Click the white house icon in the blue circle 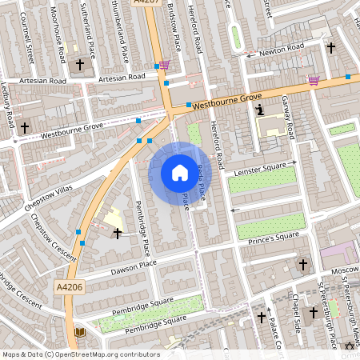coord(180,173)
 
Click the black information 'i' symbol coord(258,110)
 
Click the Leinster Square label coord(259,169)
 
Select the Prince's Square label coord(273,238)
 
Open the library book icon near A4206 coord(79,332)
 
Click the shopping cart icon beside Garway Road coord(314,80)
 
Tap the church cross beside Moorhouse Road coord(79,64)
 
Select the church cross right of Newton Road coord(330,47)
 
